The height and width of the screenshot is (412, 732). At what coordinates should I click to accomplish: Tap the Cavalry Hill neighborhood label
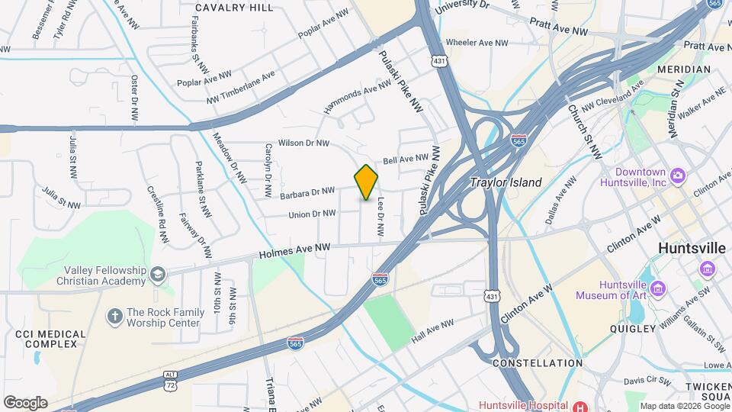tap(234, 8)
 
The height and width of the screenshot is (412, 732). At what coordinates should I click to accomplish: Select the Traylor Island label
tap(506, 183)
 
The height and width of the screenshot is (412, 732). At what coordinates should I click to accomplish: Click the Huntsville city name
tap(692, 249)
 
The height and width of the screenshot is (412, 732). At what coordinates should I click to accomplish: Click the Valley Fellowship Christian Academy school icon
tap(157, 274)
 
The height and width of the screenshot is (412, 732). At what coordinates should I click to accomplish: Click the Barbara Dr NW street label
tap(307, 193)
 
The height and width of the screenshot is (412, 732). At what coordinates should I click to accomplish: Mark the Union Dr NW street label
tap(312, 214)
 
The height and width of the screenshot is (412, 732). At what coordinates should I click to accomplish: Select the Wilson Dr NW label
tap(303, 143)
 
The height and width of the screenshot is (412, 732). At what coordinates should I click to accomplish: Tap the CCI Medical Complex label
tap(46, 339)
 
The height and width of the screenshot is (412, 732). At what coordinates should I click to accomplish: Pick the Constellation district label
tap(538, 363)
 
